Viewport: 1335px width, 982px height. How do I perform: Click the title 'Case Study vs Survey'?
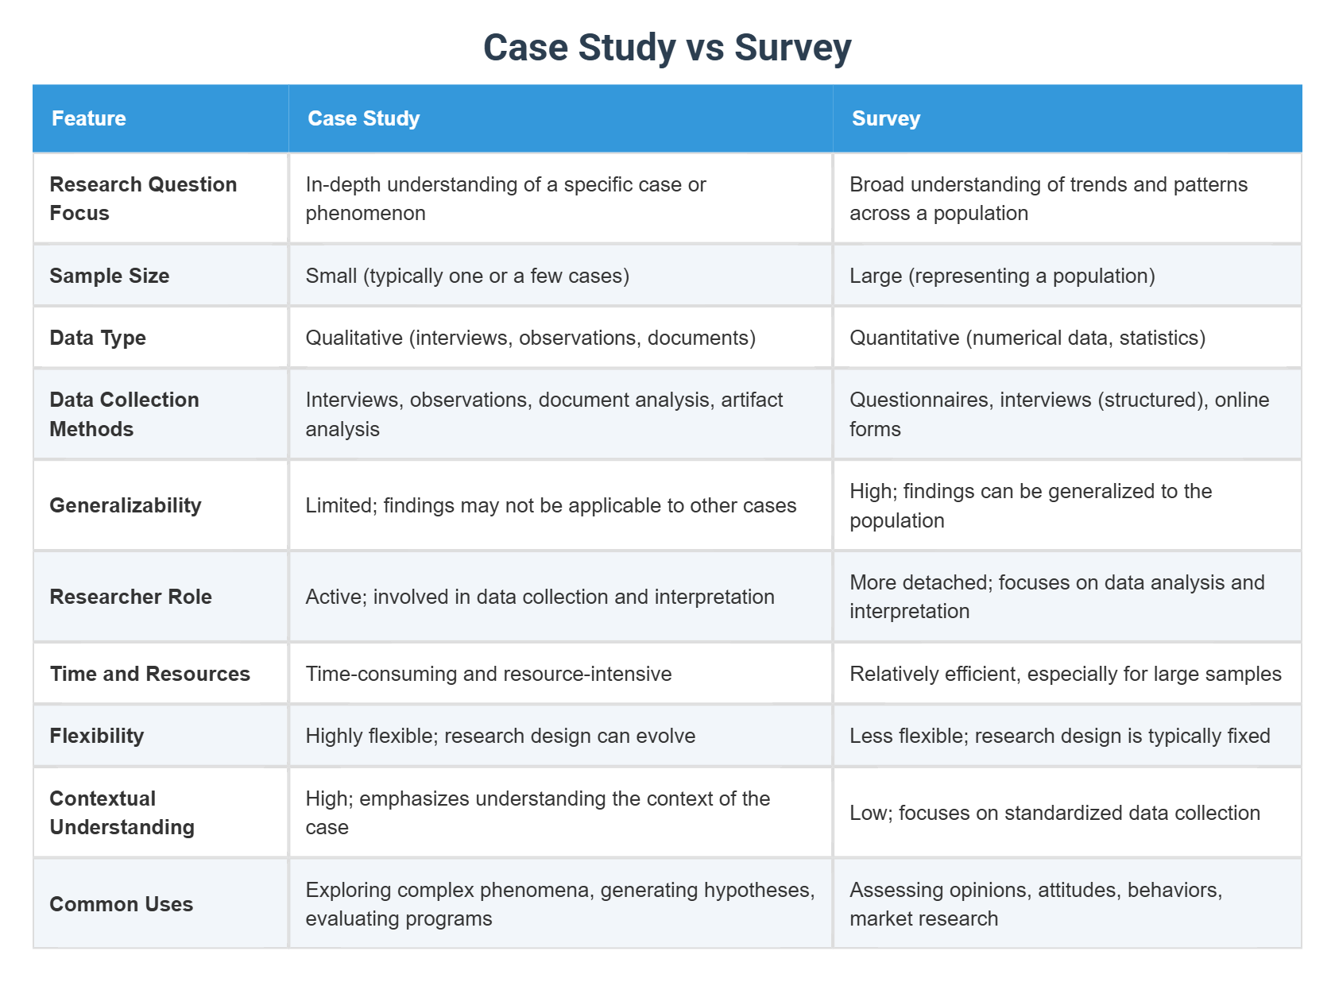coord(667,48)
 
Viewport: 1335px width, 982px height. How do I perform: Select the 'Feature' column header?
coord(88,118)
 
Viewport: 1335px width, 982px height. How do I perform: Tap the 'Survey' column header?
coord(885,118)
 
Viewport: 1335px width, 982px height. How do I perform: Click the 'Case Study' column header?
coord(363,118)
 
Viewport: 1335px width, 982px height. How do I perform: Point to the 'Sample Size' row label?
coord(109,276)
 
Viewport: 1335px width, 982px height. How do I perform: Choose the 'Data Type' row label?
coord(97,338)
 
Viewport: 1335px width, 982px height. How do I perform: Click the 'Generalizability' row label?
coord(125,505)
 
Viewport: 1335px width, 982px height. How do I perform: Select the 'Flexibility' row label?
coord(96,736)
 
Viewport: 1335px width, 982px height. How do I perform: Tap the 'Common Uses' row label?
coord(121,904)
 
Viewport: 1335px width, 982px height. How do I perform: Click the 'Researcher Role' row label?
coord(130,597)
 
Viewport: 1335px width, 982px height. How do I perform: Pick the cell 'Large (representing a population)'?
coord(1001,276)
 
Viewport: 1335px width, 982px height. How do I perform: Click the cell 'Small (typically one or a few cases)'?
coord(467,276)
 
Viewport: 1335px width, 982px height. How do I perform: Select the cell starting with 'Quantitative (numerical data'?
coord(1027,338)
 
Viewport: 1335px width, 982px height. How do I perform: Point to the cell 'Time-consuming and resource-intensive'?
coord(488,674)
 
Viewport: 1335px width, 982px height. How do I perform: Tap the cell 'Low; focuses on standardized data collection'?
coord(1054,813)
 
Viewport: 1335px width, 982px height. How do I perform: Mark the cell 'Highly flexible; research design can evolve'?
coord(500,736)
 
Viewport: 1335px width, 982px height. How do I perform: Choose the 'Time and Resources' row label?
coord(149,674)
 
